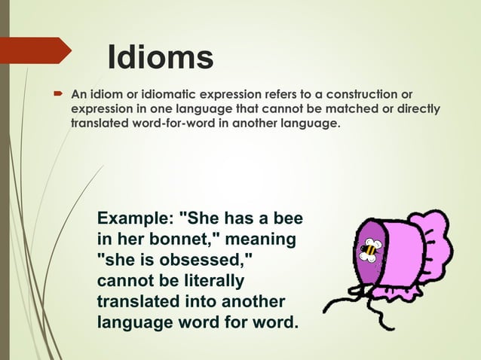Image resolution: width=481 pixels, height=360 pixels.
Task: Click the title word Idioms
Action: (161, 58)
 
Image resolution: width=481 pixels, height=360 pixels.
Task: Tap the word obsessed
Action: (208, 261)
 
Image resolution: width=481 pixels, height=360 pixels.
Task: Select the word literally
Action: (211, 282)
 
